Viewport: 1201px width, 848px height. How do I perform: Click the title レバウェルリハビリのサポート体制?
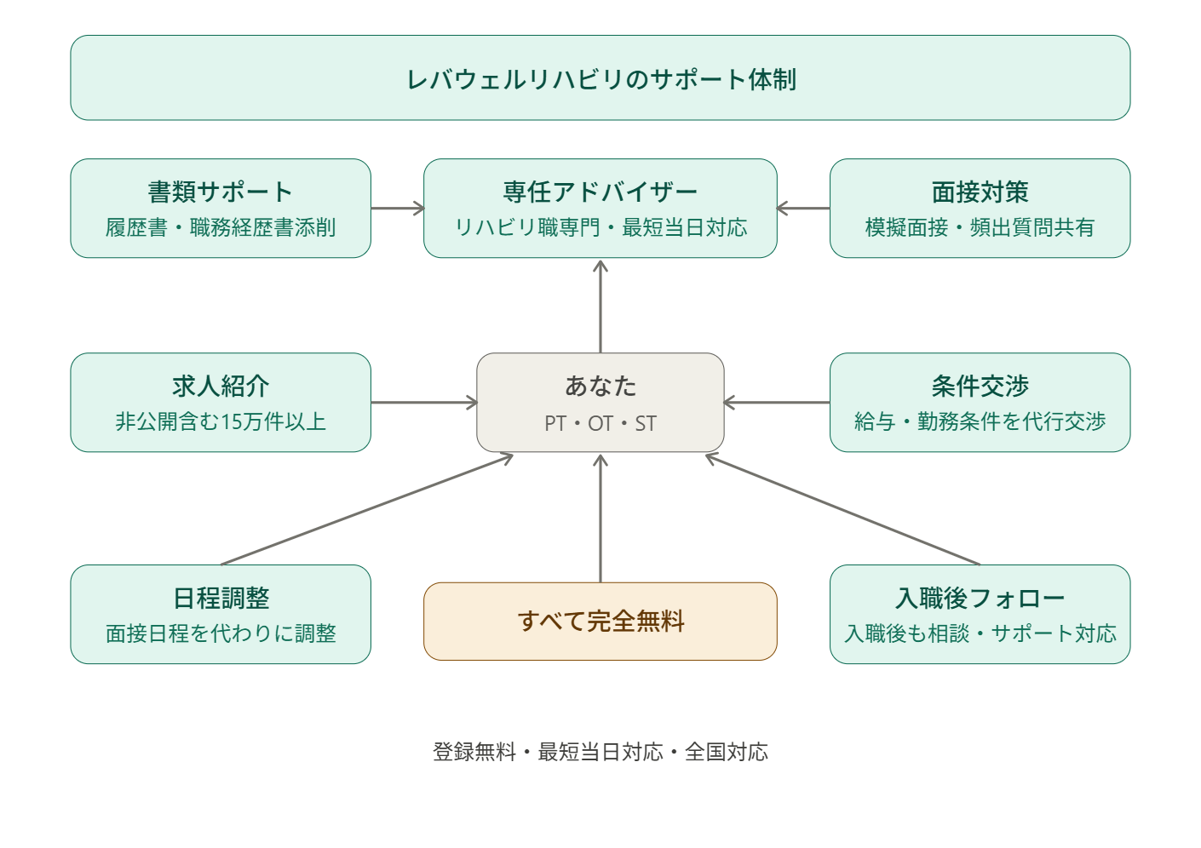pyautogui.click(x=600, y=79)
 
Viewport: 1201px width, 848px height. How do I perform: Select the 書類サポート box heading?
pyautogui.click(x=220, y=192)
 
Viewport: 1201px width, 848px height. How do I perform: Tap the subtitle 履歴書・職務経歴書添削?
pyautogui.click(x=220, y=227)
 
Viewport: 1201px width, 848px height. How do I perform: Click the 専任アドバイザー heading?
pyautogui.click(x=600, y=192)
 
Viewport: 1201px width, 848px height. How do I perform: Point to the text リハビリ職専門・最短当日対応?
pyautogui.click(x=600, y=227)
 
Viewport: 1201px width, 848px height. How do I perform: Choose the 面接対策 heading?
pyautogui.click(x=980, y=192)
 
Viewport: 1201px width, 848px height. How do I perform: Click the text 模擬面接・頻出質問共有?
pyautogui.click(x=980, y=227)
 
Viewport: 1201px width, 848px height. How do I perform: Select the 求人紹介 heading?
pyautogui.click(x=220, y=386)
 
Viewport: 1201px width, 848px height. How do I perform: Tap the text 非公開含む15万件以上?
pyautogui.click(x=220, y=421)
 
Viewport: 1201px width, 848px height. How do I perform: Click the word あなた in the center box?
pyautogui.click(x=600, y=386)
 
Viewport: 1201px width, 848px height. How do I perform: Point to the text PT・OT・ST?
pyautogui.click(x=600, y=423)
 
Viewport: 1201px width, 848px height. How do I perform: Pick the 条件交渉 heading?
pyautogui.click(x=980, y=386)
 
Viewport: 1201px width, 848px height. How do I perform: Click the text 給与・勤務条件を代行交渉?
pyautogui.click(x=980, y=421)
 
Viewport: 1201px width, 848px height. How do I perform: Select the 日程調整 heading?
pyautogui.click(x=220, y=598)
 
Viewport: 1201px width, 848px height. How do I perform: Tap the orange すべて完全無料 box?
pyautogui.click(x=600, y=622)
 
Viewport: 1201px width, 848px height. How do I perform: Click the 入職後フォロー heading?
pyautogui.click(x=980, y=598)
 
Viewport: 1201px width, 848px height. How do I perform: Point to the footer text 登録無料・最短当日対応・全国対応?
pyautogui.click(x=600, y=752)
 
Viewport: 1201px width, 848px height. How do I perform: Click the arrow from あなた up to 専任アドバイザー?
pyautogui.click(x=600, y=307)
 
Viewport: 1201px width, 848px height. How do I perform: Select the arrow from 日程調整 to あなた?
pyautogui.click(x=366, y=510)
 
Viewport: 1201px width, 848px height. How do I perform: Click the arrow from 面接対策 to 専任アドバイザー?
pyautogui.click(x=803, y=209)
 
